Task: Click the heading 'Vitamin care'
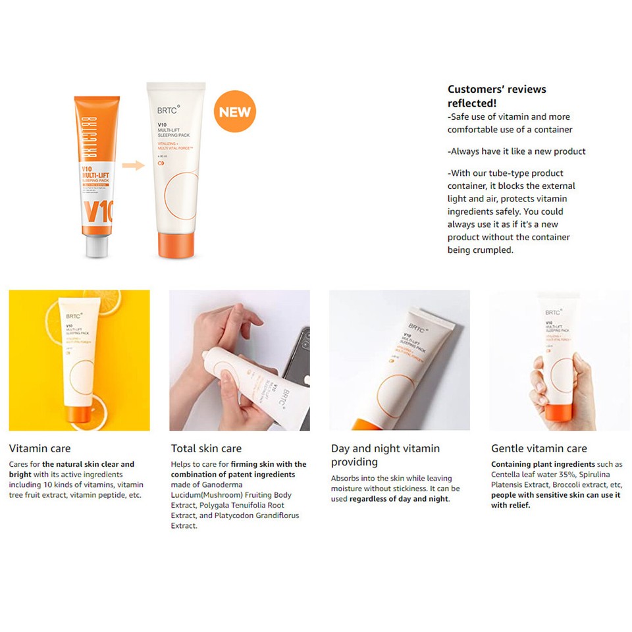click(39, 448)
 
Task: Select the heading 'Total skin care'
click(206, 448)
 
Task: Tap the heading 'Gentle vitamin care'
click(539, 448)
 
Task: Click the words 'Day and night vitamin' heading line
click(385, 448)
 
